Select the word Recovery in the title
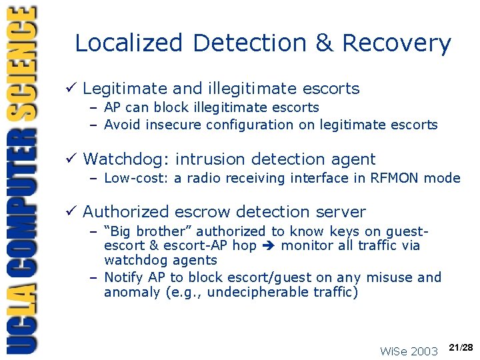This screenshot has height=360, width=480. pos(396,43)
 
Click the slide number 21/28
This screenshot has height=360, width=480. pos(461,348)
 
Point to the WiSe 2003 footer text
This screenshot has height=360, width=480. pos(409,351)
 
